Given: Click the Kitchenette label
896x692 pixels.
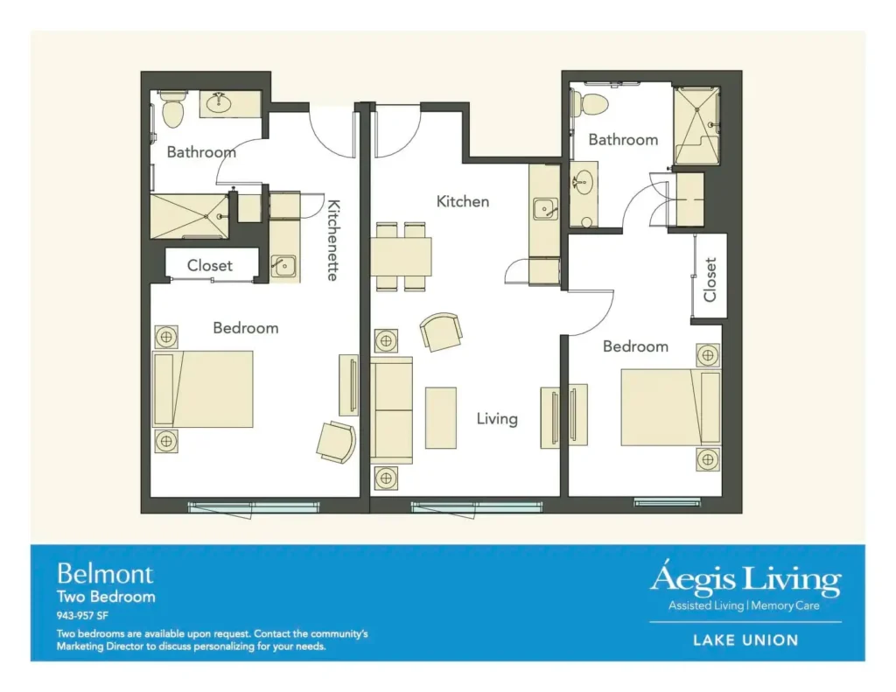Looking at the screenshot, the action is pos(333,240).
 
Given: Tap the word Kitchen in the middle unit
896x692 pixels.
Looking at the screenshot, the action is pos(463,201).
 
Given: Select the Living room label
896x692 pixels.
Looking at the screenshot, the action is pos(497,419).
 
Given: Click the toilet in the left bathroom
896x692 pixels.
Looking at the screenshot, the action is pos(172,109).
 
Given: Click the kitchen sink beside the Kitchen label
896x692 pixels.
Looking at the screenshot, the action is pos(545,209).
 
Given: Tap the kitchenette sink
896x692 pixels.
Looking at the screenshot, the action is pos(283,266).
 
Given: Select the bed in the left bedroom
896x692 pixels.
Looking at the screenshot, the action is pos(203,389).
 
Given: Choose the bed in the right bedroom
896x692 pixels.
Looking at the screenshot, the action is pos(671,408).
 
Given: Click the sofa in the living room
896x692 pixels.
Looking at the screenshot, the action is pos(391,410).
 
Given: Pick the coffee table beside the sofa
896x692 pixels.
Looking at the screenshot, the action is pos(441,417).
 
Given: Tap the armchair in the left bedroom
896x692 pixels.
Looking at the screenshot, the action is pos(337,442).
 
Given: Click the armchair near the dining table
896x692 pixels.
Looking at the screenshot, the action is pos(441,332).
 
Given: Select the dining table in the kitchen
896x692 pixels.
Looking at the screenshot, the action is pos(401,256).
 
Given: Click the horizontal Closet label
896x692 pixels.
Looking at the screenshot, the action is pos(210,266).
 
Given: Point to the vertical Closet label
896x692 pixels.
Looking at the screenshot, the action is pos(710,279).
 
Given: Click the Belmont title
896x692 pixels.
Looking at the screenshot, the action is pos(105,574).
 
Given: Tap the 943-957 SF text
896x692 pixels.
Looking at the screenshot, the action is pos(82,615).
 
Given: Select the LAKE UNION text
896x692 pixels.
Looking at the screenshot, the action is pos(745,640).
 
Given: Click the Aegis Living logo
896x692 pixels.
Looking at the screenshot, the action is pos(745,587).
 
